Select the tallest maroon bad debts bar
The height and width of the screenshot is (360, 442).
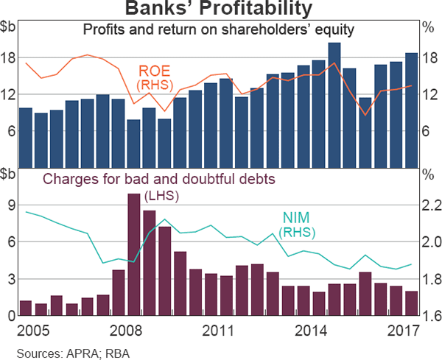tap(133, 255)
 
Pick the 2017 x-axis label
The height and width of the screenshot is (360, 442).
tap(402, 328)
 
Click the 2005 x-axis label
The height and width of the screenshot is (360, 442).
tap(32, 328)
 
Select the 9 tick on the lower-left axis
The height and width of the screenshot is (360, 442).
tap(11, 206)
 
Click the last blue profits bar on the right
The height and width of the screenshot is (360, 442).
tap(411, 110)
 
